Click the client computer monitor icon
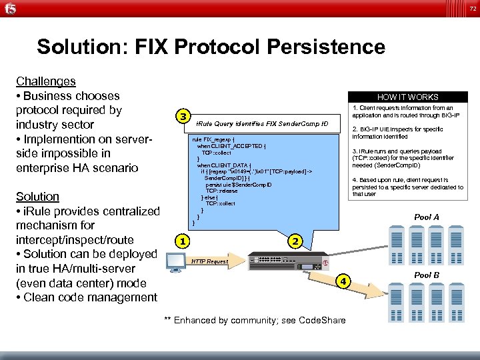[x=175, y=262]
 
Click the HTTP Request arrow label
[x=209, y=262]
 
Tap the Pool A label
[x=427, y=217]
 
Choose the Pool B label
[x=427, y=275]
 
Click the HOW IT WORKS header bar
[x=407, y=97]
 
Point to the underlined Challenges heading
[x=46, y=81]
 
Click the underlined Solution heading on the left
[x=37, y=197]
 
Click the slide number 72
[x=472, y=9]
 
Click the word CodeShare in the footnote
[x=322, y=321]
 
